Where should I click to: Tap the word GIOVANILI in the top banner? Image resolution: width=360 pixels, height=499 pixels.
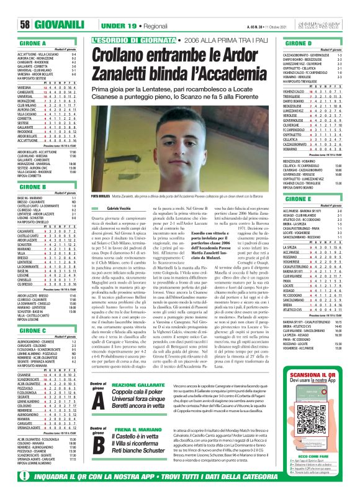[42, 25]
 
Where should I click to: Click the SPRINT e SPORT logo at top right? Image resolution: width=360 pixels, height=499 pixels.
[336, 24]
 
